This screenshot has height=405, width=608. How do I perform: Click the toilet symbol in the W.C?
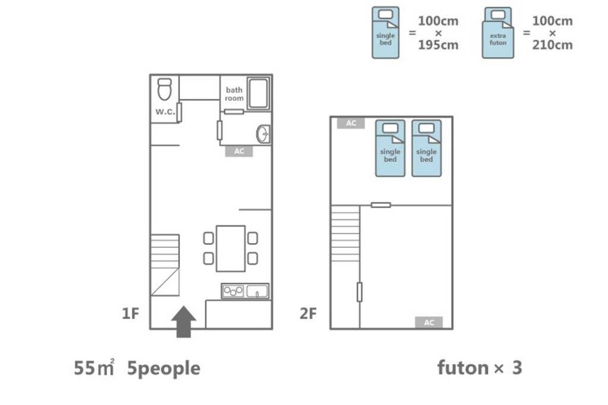(x=164, y=89)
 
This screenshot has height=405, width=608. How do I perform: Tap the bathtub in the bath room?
(x=258, y=93)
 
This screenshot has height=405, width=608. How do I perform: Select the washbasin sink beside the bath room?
(x=263, y=135)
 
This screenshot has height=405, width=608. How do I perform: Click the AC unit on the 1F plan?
(x=239, y=151)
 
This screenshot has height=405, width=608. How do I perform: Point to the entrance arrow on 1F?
(x=183, y=321)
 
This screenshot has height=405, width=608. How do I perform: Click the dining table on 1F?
(x=231, y=248)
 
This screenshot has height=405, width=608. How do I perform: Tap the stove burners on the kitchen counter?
(x=233, y=291)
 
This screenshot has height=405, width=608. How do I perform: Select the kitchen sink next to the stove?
(x=257, y=291)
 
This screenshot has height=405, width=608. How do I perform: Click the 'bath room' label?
(x=234, y=94)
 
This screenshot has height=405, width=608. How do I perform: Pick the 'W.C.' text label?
(x=165, y=112)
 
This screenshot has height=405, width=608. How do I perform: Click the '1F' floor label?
(x=130, y=313)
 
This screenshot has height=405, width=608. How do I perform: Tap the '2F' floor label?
(x=308, y=313)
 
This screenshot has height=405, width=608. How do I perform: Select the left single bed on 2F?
(x=390, y=148)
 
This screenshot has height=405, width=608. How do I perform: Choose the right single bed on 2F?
(x=426, y=148)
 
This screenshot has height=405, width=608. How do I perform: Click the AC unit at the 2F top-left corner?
(x=351, y=123)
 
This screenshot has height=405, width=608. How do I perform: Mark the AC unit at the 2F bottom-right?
(x=429, y=323)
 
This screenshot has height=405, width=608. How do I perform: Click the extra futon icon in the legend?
(x=498, y=33)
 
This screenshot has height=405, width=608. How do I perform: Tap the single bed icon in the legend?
(x=385, y=33)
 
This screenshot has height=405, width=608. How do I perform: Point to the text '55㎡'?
(x=94, y=368)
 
